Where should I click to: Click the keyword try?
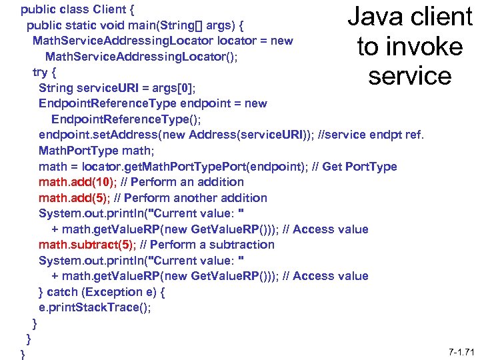(41, 72)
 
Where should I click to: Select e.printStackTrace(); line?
(95, 307)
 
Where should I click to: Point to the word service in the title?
(409, 76)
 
